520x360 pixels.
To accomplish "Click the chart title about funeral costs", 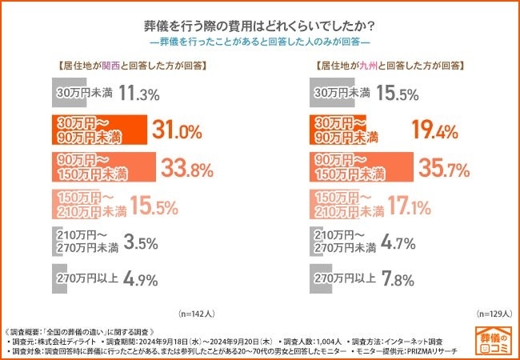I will (x=260, y=22).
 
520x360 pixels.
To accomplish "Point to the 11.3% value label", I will (x=139, y=94).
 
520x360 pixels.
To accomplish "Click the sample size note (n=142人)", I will (x=195, y=314).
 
